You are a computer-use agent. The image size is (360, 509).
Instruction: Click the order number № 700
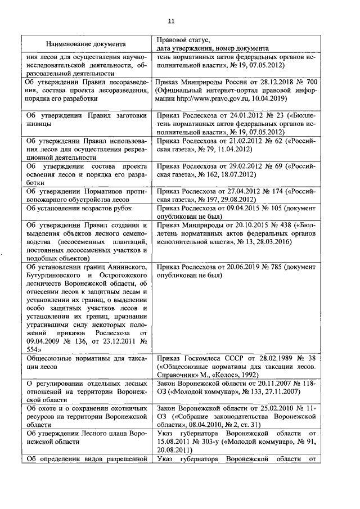click(308, 82)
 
